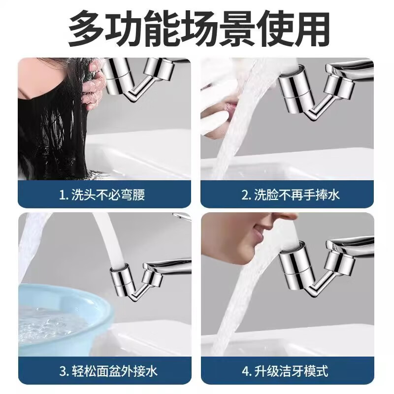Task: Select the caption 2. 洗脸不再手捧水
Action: (x=291, y=195)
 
